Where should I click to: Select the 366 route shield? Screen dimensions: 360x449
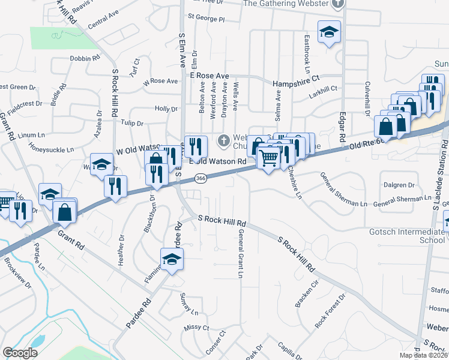click(x=200, y=178)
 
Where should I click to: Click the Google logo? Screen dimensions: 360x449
click(x=20, y=353)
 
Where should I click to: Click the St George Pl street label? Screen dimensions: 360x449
click(x=206, y=19)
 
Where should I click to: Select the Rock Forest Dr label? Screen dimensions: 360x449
click(x=331, y=311)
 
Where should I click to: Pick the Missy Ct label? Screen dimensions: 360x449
click(x=196, y=328)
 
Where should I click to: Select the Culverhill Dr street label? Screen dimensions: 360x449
click(x=367, y=95)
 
